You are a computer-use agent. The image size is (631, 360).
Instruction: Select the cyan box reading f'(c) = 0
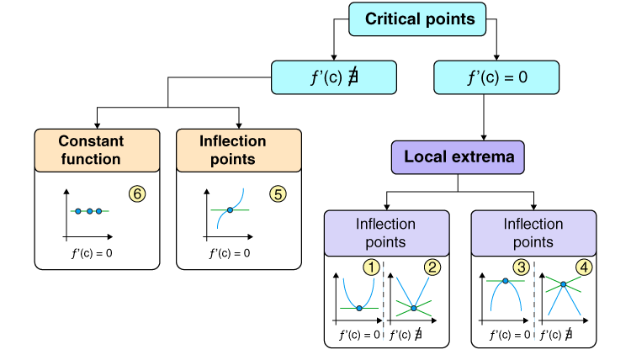[496, 77]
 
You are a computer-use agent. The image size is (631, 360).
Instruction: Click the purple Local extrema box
[457, 156]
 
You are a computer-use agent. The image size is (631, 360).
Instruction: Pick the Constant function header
[97, 149]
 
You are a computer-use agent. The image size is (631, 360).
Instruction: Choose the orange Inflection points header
[239, 149]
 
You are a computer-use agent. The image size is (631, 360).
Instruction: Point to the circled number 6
[138, 193]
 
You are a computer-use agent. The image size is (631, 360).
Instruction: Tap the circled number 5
[278, 193]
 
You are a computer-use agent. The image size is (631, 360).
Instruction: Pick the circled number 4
[583, 268]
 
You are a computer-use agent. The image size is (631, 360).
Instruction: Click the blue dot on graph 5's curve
[230, 210]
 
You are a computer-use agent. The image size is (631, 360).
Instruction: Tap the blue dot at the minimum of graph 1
[359, 309]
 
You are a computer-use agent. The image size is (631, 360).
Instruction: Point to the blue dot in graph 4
[559, 285]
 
